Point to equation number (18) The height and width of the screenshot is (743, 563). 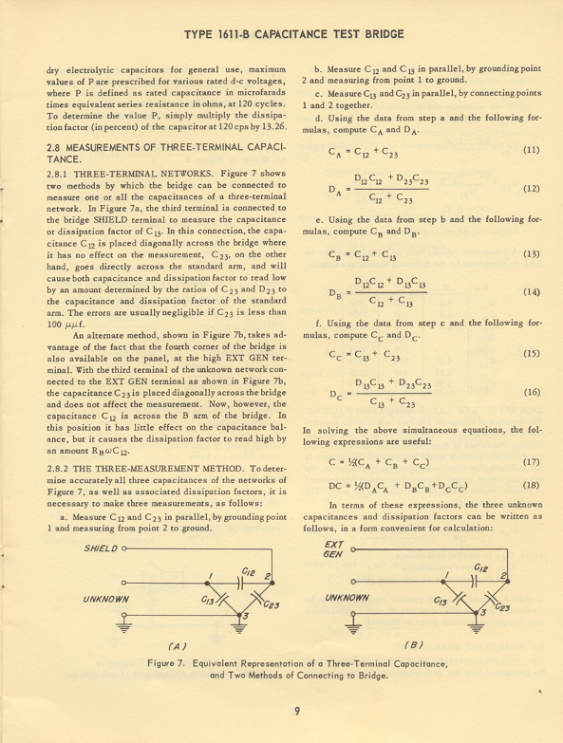click(x=531, y=485)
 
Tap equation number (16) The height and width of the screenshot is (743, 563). click(x=531, y=391)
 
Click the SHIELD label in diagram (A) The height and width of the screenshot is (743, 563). click(x=103, y=548)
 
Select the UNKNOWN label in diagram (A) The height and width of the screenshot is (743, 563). click(x=107, y=599)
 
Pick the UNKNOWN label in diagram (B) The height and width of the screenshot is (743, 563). click(x=347, y=599)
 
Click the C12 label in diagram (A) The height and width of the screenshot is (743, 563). click(x=249, y=569)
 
